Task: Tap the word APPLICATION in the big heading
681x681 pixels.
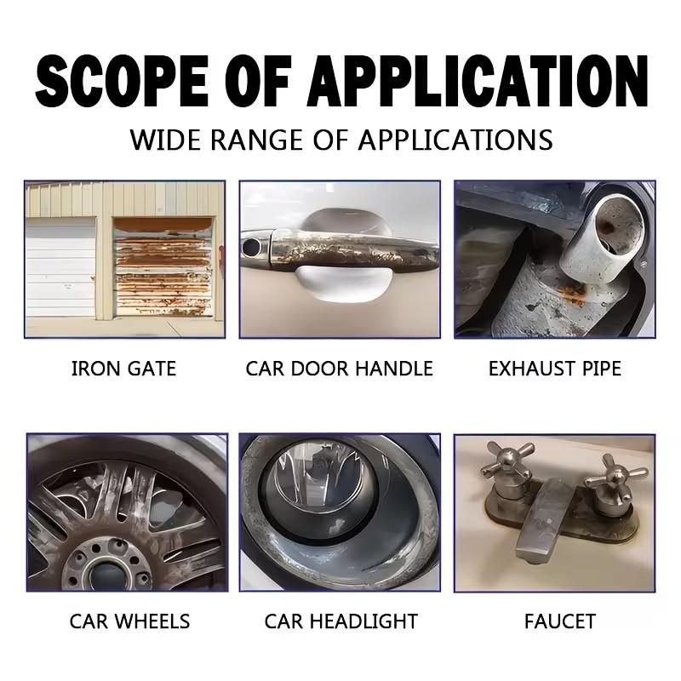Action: (478, 81)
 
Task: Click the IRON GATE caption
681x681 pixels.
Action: (123, 369)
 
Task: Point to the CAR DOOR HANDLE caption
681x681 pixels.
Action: (339, 369)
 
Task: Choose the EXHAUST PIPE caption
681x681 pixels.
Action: (555, 369)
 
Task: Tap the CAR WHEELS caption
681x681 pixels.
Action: (129, 621)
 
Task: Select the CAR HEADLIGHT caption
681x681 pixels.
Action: (341, 621)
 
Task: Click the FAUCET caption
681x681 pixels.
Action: (560, 621)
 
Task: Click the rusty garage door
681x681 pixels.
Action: (163, 266)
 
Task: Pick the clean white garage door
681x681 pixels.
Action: (60, 266)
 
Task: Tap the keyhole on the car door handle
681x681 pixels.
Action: (251, 247)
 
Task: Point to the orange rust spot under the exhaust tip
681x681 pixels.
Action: (573, 295)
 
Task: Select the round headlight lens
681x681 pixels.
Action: (323, 478)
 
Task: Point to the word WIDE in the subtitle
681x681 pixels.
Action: (166, 140)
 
